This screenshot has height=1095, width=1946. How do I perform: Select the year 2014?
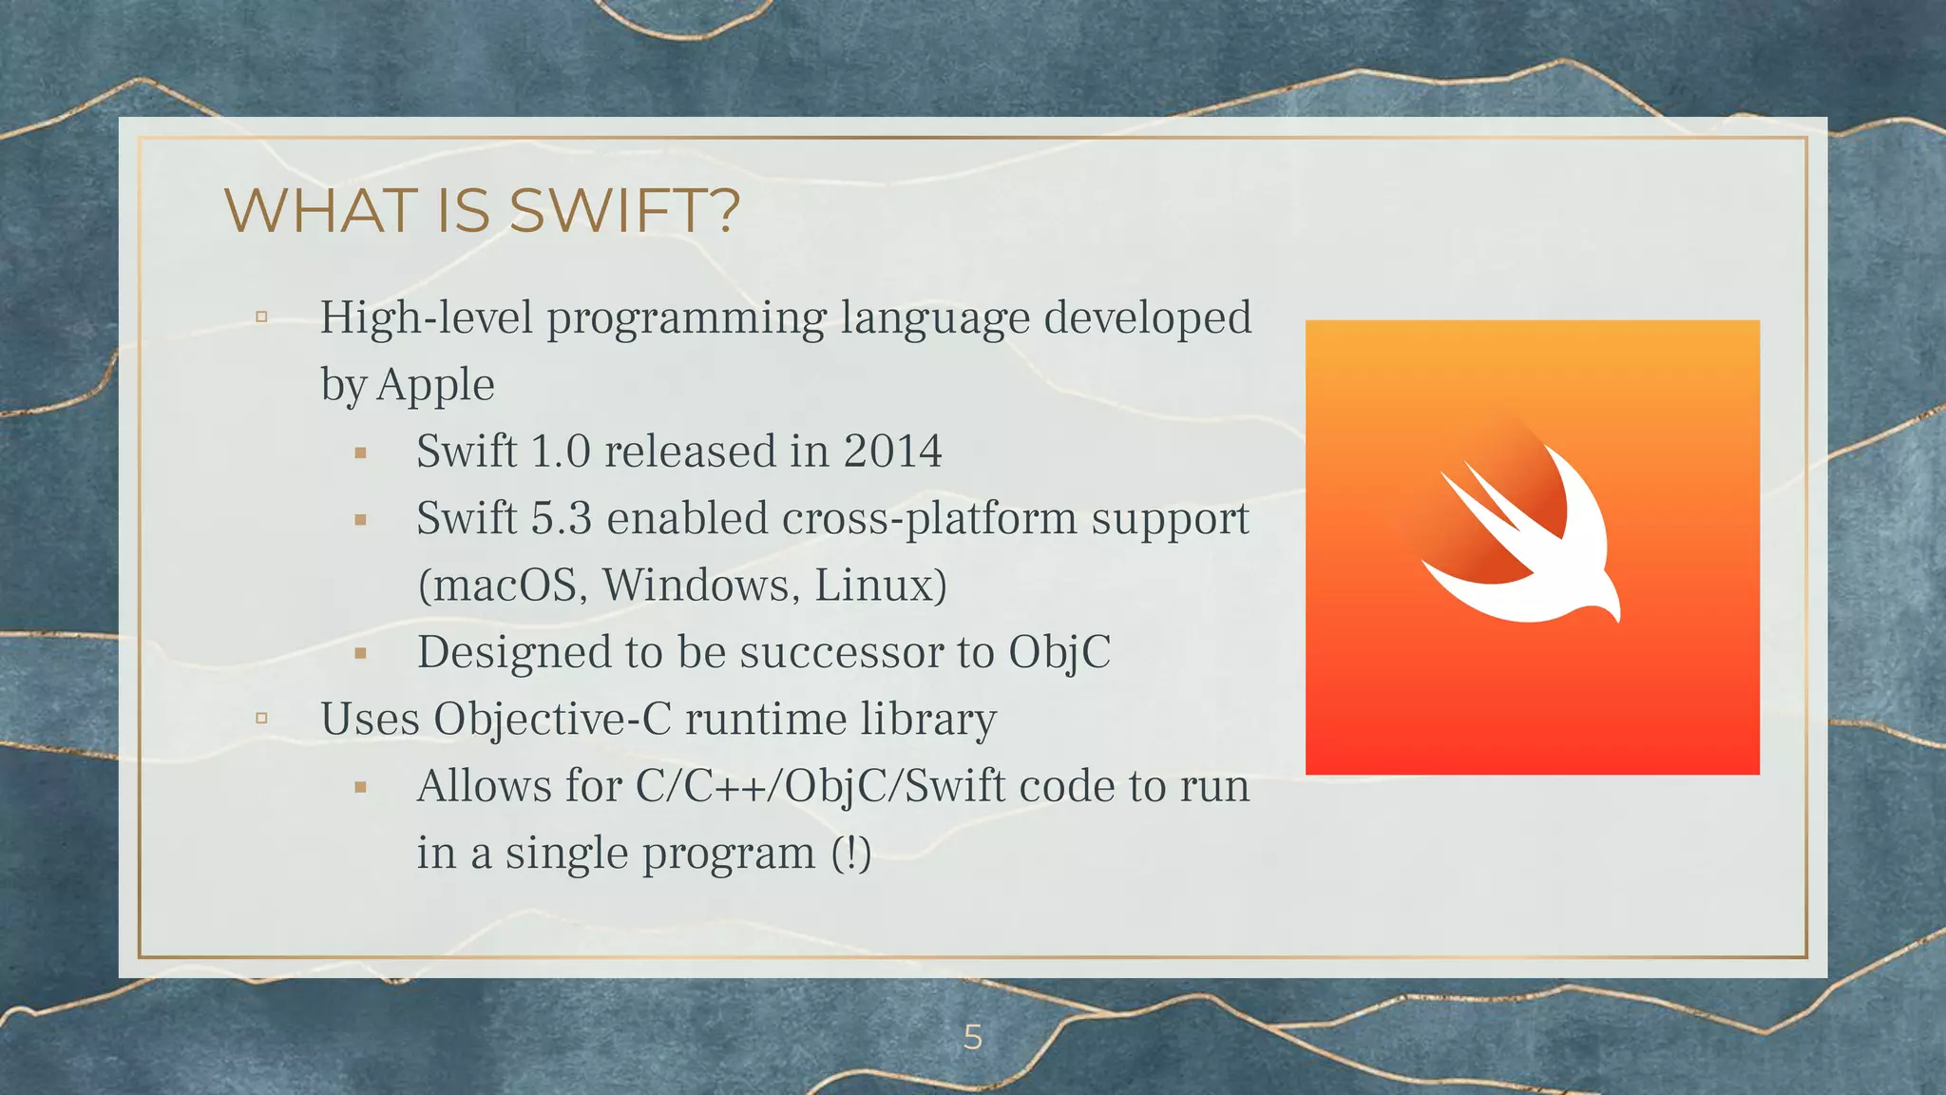tap(892, 451)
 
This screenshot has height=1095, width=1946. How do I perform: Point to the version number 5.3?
tap(561, 519)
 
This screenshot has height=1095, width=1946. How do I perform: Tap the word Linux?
tap(875, 586)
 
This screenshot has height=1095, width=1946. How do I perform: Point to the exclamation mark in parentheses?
tap(851, 853)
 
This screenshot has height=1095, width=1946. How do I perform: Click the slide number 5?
tap(972, 1037)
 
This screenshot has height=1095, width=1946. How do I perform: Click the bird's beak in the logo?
tap(1614, 613)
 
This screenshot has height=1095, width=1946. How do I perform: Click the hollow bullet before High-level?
tap(261, 317)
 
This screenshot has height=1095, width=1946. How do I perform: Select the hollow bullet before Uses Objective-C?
tap(261, 719)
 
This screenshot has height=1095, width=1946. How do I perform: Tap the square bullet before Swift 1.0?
tap(360, 453)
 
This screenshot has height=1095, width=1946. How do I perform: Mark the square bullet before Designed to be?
tap(360, 654)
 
